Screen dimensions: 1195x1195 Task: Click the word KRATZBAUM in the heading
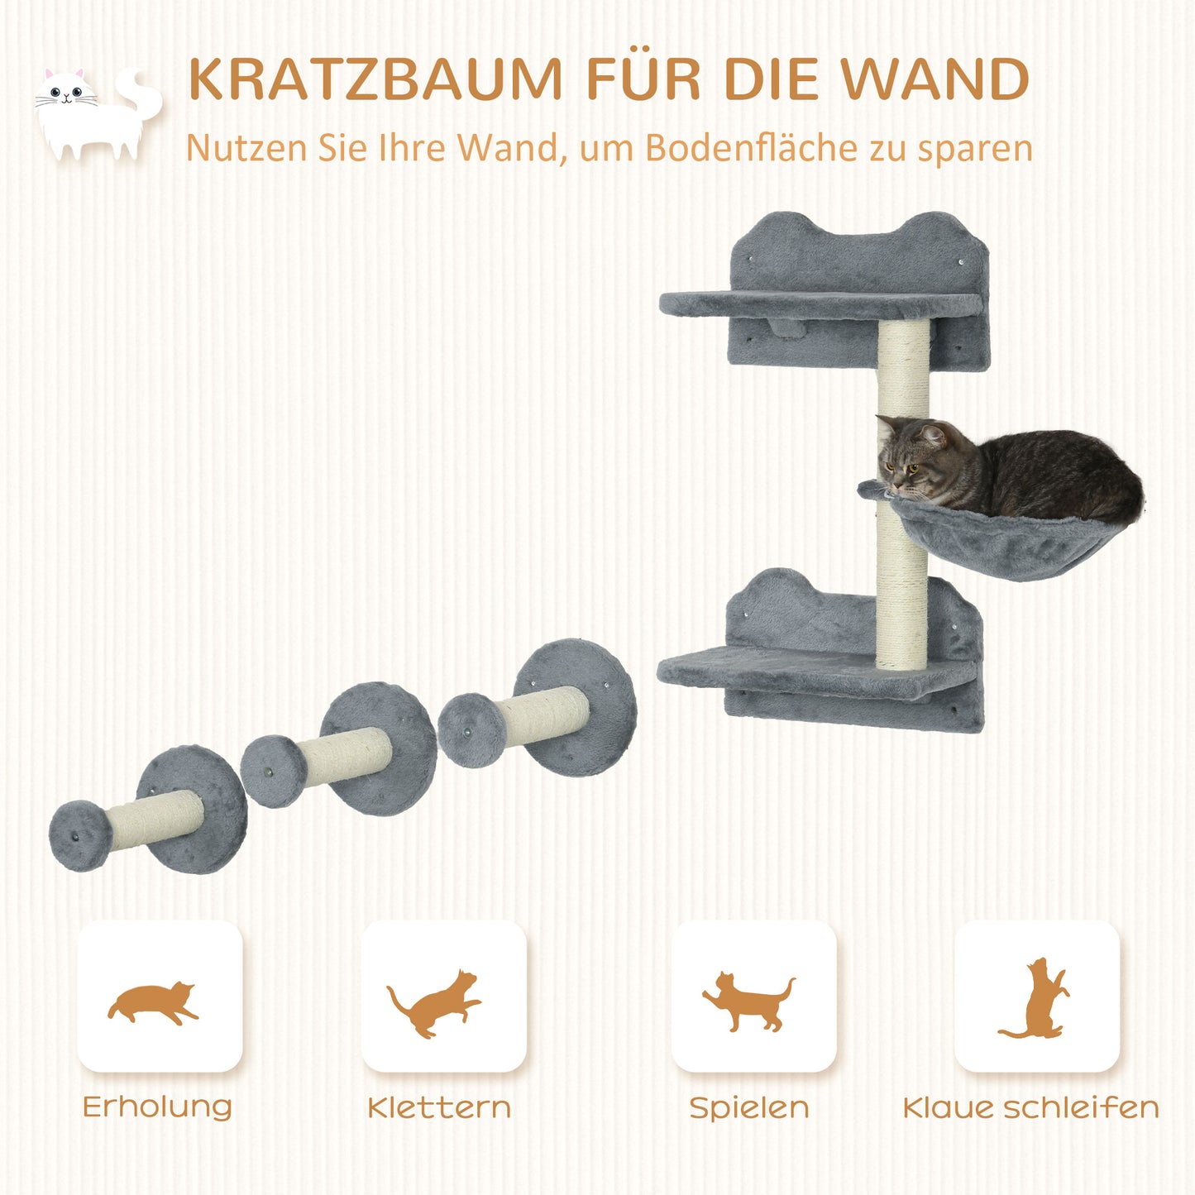[x=375, y=79]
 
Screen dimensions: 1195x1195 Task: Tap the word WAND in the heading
[x=934, y=79]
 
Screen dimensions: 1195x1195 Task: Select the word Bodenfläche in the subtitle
[x=751, y=149]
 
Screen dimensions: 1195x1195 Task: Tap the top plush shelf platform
[x=819, y=304]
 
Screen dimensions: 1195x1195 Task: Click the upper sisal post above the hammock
[x=904, y=368]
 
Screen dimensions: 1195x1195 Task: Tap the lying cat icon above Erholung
[x=154, y=1002]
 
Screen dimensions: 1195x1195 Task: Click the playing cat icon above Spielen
[x=748, y=1001]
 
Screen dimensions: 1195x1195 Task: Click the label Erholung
[x=157, y=1107]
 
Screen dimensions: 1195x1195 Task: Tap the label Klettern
[x=439, y=1107]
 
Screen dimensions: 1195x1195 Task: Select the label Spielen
[x=749, y=1107]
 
